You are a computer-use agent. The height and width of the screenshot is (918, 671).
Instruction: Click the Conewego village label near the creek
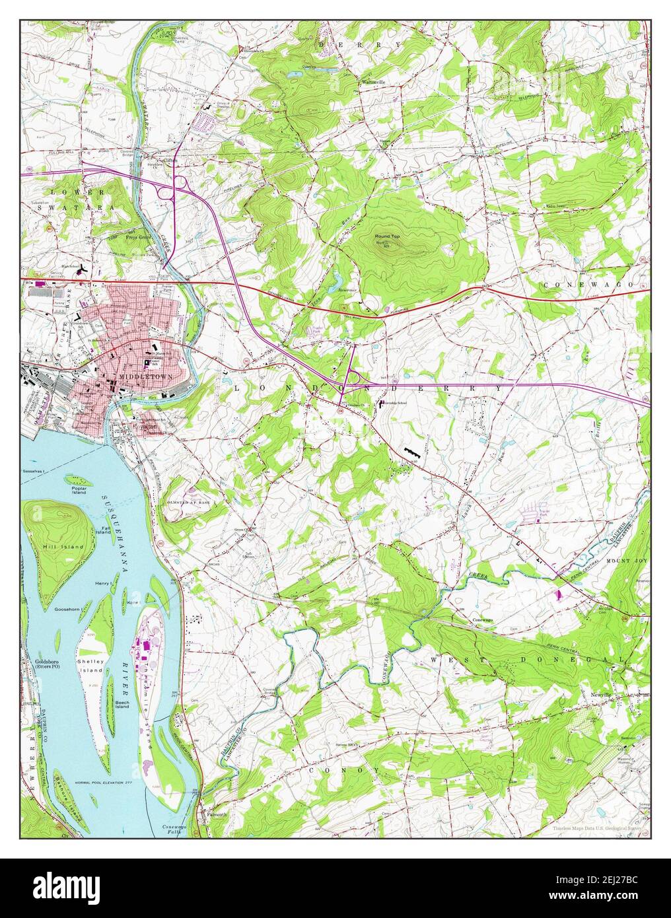pyautogui.click(x=485, y=621)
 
